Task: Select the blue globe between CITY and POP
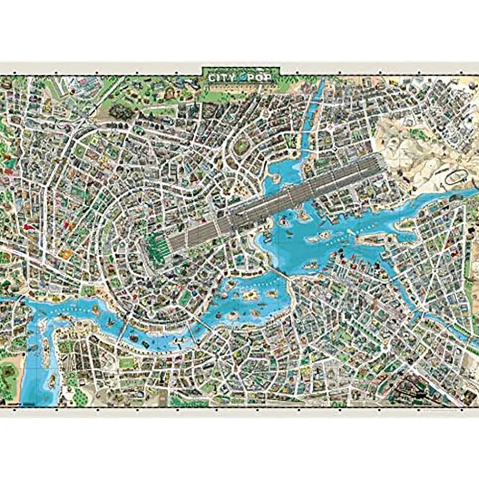point(241,79)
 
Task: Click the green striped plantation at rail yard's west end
point(157,244)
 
